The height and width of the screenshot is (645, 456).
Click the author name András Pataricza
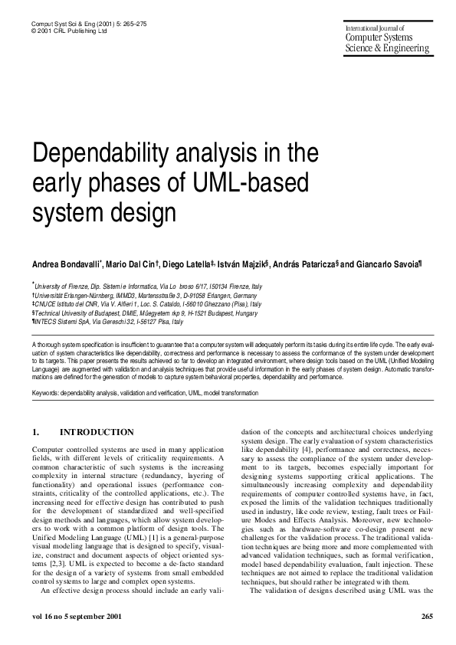click(305, 264)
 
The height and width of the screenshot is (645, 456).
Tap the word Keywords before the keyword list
click(47, 393)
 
